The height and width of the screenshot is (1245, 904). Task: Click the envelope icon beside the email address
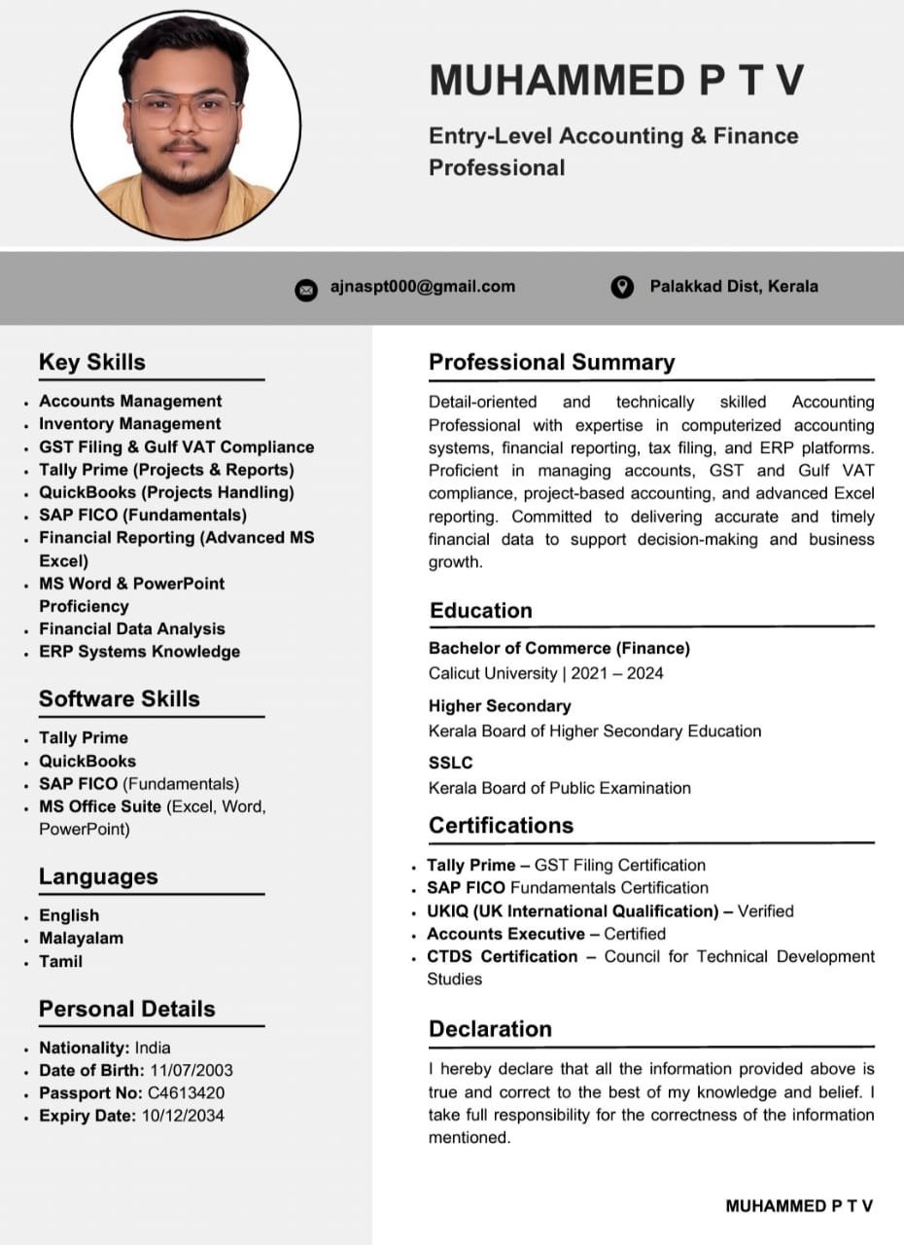click(306, 289)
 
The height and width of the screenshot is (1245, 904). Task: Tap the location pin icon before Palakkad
click(622, 287)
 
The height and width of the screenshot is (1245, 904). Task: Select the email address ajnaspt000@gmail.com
click(423, 286)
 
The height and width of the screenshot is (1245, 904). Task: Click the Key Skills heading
click(92, 362)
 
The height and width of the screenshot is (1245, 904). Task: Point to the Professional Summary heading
click(551, 362)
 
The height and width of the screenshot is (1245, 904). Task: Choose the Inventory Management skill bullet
click(129, 424)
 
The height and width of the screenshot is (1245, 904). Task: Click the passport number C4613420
click(186, 1093)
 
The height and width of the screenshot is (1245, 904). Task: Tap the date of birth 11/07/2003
click(191, 1070)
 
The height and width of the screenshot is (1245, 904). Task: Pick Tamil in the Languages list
click(60, 961)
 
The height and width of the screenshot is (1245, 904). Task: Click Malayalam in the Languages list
click(81, 939)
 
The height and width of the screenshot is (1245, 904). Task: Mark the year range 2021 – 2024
click(617, 673)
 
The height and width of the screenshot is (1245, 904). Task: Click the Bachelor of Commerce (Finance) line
click(559, 648)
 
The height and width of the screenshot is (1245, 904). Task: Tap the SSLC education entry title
click(451, 764)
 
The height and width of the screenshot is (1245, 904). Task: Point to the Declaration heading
click(490, 1029)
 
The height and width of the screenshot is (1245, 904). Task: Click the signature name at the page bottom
click(799, 1206)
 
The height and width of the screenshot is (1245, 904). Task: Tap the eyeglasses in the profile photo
click(184, 109)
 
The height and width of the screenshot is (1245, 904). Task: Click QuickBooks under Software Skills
click(87, 762)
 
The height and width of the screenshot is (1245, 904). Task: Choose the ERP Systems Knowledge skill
click(139, 652)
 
